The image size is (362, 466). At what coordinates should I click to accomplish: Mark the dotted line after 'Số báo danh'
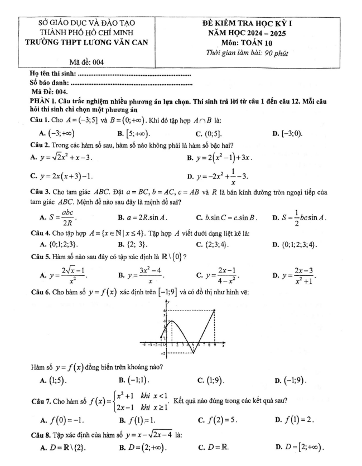133,84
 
